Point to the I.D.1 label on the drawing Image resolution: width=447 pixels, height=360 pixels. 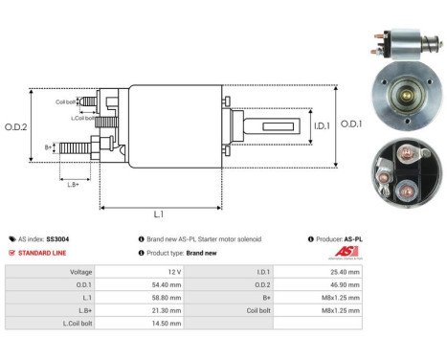click(x=294, y=124)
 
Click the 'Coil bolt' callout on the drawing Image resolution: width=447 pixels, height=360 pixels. click(x=66, y=101)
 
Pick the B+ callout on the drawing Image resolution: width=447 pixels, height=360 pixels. click(x=49, y=147)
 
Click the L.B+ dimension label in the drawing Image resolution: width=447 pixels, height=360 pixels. click(x=72, y=183)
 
